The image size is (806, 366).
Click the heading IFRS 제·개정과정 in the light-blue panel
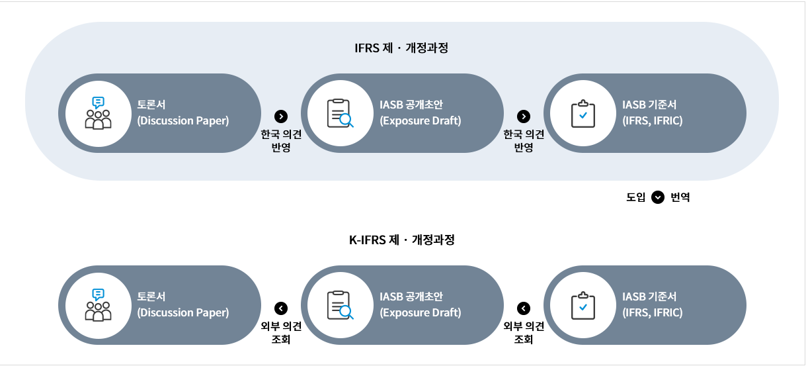[401, 48]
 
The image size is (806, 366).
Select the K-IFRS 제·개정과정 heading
[401, 240]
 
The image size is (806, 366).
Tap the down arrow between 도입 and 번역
[658, 197]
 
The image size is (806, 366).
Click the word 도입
[635, 197]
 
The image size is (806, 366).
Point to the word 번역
[680, 197]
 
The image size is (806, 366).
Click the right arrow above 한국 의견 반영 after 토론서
[281, 116]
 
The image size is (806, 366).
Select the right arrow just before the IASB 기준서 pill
[524, 116]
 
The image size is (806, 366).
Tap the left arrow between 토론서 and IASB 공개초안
[281, 308]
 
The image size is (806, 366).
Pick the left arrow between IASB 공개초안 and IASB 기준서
[524, 308]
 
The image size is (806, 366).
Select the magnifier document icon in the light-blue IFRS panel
[341, 113]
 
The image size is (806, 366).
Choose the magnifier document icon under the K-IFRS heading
[341, 305]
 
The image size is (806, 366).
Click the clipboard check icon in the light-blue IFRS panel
[583, 113]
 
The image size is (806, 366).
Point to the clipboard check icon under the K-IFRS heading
[583, 305]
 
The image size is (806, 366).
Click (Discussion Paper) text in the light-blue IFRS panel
[183, 121]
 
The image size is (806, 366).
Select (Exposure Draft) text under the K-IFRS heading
[421, 313]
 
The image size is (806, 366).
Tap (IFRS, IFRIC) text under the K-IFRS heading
[653, 313]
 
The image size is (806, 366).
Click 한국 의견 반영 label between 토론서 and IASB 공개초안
[281, 141]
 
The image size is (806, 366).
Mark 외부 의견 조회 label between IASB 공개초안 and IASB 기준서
[524, 333]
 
